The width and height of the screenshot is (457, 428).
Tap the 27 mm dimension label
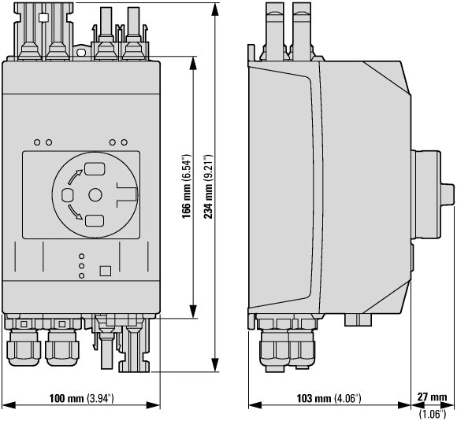pyautogui.click(x=432, y=397)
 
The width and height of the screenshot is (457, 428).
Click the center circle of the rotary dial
pyautogui.click(x=95, y=195)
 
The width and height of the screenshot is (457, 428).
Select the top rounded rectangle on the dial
pyautogui.click(x=95, y=168)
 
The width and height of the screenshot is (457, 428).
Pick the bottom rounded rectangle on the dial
pyautogui.click(x=95, y=221)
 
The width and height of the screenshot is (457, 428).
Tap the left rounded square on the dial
pyautogui.click(x=67, y=195)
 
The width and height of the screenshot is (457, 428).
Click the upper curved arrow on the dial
pyautogui.click(x=74, y=176)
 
